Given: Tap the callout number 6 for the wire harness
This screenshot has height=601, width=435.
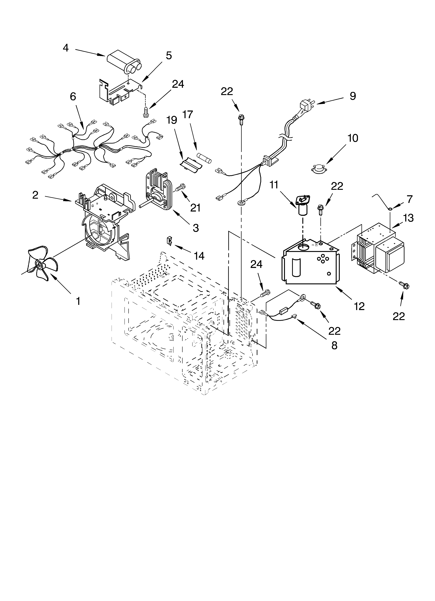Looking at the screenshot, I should (x=73, y=97).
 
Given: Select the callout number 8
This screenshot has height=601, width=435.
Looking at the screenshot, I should (x=334, y=345).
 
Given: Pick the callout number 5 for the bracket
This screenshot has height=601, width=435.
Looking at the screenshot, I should (x=169, y=56).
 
